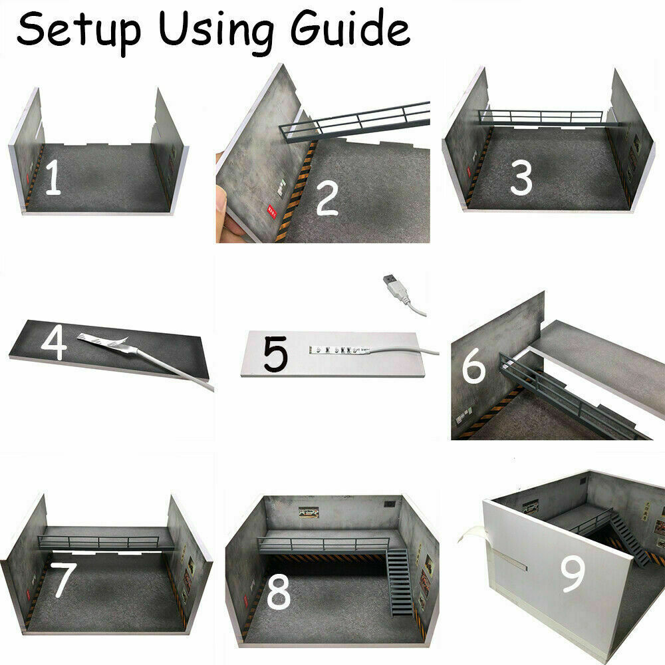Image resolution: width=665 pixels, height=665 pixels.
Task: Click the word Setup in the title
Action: tap(78, 30)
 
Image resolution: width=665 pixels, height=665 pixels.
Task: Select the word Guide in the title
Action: tap(350, 29)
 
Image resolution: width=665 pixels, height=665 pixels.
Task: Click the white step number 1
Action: tap(53, 178)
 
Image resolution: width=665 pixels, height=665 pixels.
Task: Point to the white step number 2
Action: tap(327, 198)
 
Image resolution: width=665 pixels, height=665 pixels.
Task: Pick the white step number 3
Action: tap(521, 178)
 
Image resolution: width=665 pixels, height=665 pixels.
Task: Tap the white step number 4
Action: tap(54, 344)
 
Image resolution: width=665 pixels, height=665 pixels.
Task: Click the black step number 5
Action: tap(276, 354)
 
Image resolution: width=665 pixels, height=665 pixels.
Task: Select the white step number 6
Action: tap(473, 366)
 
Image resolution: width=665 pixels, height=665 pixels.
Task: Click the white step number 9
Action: tap(573, 573)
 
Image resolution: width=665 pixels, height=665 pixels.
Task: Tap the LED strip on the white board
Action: tap(339, 350)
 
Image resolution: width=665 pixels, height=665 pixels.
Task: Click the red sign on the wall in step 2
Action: tap(272, 211)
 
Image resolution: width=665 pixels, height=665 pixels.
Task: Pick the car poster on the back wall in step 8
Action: tap(309, 512)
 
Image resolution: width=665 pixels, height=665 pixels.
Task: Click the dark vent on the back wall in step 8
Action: tap(389, 504)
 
